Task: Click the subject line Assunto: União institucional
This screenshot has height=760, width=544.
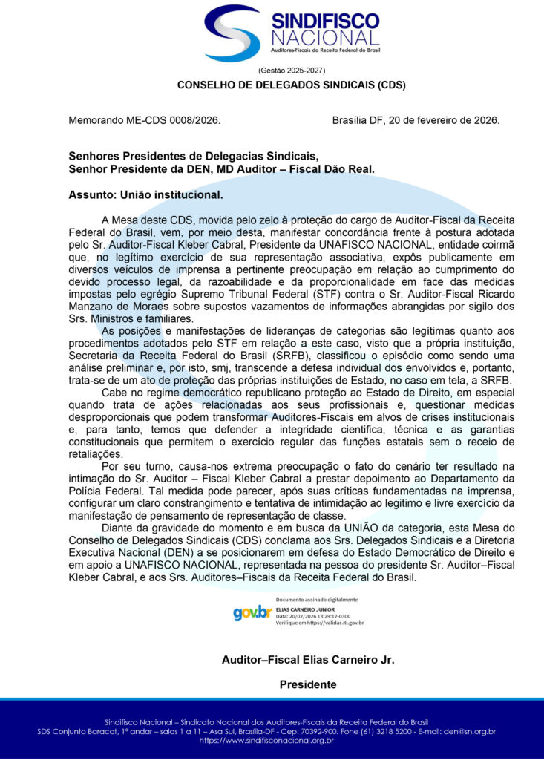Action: pos(145,195)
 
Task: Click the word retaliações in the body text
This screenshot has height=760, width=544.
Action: pos(96,454)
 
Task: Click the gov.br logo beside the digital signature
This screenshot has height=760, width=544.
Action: pos(252,612)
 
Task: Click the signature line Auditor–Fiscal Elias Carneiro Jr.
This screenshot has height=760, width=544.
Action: pos(308,660)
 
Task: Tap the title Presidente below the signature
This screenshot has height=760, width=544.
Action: pos(308,684)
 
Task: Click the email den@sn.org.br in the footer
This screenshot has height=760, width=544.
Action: pos(469,731)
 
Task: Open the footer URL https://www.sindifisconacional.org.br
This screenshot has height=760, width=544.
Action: pos(272,740)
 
